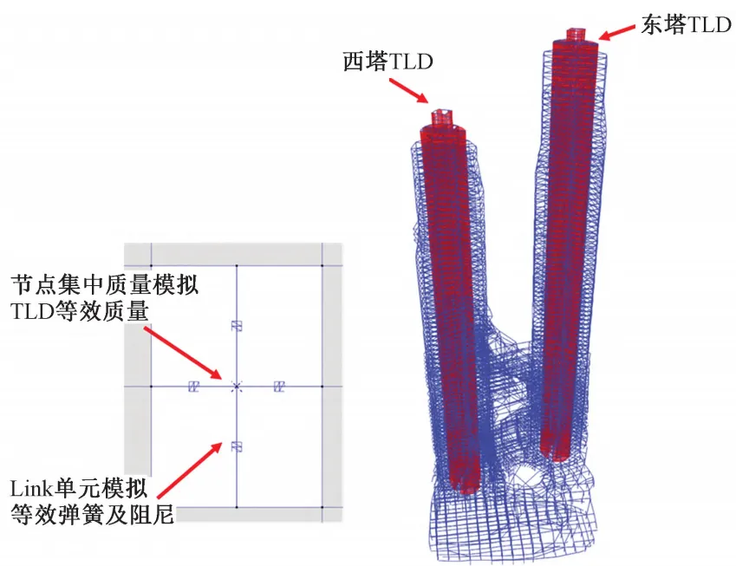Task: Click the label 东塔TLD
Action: tap(685, 25)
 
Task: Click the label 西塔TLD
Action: tap(388, 63)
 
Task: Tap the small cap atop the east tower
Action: tap(576, 36)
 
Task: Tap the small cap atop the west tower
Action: tap(443, 115)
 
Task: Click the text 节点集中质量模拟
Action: tap(104, 284)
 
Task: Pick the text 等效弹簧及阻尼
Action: tap(91, 515)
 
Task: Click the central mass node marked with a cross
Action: tap(236, 386)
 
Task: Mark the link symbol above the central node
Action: tap(236, 326)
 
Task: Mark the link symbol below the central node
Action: tap(236, 446)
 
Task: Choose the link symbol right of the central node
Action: tap(279, 386)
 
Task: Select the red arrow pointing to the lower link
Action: tap(186, 473)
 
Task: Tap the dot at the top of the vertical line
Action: tap(236, 265)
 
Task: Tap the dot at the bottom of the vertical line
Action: tap(236, 507)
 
